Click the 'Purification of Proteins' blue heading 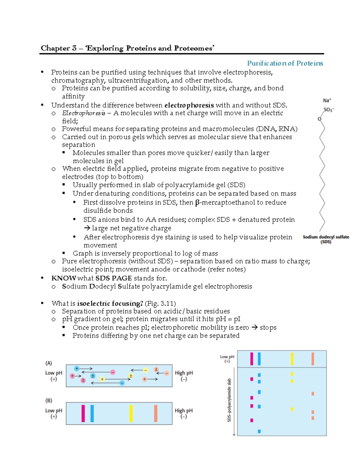click(x=285, y=63)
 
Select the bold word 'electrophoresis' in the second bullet click(x=189, y=105)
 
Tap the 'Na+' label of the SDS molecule click(x=327, y=100)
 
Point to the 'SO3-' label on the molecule click(x=329, y=110)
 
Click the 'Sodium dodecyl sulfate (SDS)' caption click(x=326, y=239)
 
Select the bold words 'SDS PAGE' click(x=113, y=278)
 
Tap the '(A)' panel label click(x=49, y=363)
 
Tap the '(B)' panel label click(x=49, y=401)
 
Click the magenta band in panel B click(x=83, y=413)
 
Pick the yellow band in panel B click(x=131, y=413)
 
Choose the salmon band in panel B click(x=156, y=413)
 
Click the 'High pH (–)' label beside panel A click(x=184, y=376)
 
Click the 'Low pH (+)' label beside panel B click(x=54, y=413)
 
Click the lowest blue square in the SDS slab click(x=259, y=431)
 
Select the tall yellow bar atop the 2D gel click(x=292, y=359)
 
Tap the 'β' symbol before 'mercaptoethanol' click(x=197, y=203)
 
